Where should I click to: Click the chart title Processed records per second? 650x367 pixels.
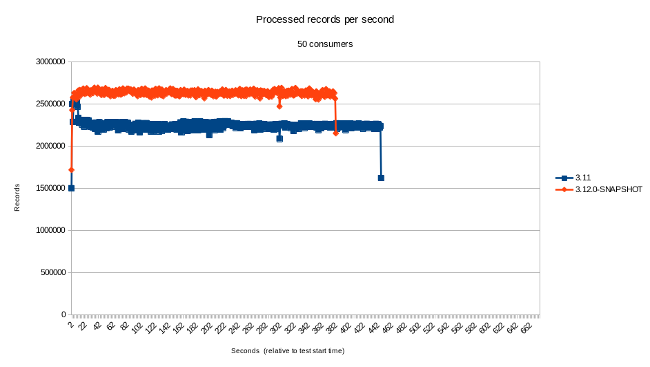click(x=325, y=19)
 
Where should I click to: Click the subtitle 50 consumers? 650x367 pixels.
click(x=325, y=44)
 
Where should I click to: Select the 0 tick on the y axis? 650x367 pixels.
click(x=62, y=314)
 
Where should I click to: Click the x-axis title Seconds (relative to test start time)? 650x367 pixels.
click(x=288, y=350)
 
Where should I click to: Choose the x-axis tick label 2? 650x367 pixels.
click(x=71, y=324)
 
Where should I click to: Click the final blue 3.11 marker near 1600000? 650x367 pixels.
click(x=381, y=178)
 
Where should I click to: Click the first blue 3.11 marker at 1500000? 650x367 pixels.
click(x=71, y=188)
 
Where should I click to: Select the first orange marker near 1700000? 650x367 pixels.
click(x=71, y=169)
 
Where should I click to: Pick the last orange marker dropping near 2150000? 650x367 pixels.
click(x=335, y=133)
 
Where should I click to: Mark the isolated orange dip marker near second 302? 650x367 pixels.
click(x=279, y=106)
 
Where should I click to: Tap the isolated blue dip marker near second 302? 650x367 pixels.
click(x=279, y=139)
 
